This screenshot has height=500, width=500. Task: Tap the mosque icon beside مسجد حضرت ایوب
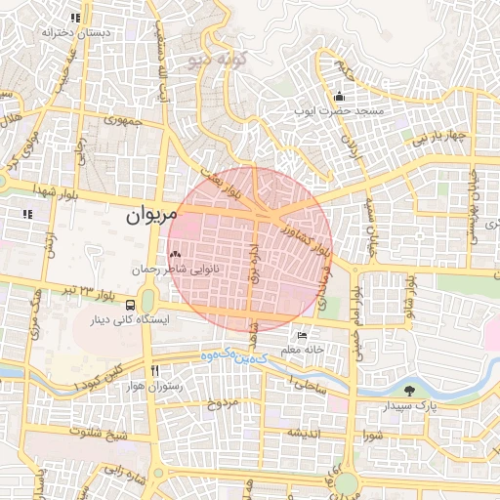[x=339, y=97]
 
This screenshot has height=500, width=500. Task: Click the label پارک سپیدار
[x=424, y=404]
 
